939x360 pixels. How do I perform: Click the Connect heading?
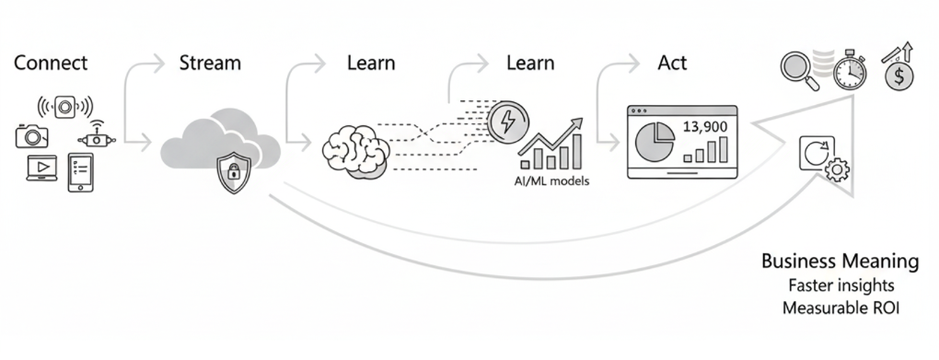51,64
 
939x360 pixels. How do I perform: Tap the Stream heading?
209,64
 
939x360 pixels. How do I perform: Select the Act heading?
672,64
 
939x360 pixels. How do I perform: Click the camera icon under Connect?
31,136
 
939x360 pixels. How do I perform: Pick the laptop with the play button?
42,168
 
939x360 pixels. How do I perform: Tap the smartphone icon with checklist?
81,171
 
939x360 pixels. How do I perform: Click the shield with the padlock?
232,172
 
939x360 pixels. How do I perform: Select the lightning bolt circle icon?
504,122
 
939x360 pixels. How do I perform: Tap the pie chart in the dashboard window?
655,142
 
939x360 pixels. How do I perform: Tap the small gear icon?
836,169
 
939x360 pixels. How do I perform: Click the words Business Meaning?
840,261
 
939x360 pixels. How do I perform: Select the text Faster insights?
840,285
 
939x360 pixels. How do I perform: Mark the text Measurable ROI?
840,308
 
